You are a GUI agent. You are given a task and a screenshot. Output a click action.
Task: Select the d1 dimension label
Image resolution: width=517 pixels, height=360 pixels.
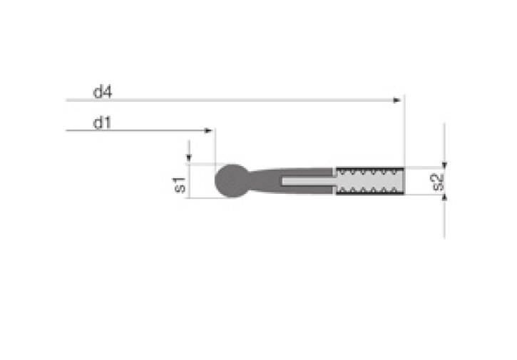[x=101, y=123]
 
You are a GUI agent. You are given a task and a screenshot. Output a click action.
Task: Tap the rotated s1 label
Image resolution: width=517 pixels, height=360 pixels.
[x=180, y=185]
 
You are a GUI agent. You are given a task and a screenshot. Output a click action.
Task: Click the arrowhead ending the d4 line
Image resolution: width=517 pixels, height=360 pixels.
[x=397, y=101]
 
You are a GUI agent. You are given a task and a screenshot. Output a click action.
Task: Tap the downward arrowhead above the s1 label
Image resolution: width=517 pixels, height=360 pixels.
[x=188, y=158]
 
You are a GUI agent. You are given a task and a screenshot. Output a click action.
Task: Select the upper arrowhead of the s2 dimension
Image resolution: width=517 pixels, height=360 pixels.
[x=444, y=163]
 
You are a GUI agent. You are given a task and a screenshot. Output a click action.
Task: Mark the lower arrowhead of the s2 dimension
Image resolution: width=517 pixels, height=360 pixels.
[x=444, y=197]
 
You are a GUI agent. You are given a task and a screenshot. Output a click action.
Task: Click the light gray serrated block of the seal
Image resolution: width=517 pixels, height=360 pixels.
[x=370, y=181]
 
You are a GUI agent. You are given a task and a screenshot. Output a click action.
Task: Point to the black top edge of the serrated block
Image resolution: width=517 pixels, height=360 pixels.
[x=370, y=169]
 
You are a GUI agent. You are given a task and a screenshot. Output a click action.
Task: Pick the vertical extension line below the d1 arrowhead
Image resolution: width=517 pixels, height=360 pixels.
[x=214, y=146]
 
